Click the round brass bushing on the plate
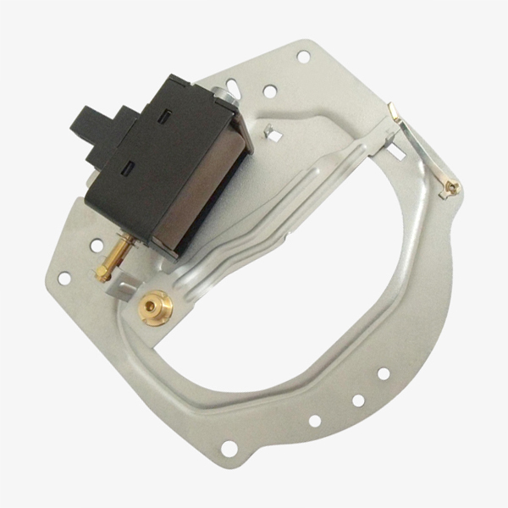tap(156, 309)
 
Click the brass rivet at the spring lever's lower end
tap(452, 187)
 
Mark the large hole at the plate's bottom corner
tap(229, 448)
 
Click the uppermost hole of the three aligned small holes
tap(383, 373)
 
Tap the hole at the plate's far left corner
tap(63, 277)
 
